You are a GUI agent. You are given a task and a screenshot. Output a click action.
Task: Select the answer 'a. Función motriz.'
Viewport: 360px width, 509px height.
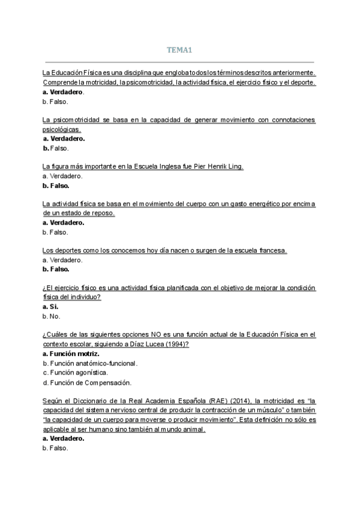[x=71, y=354]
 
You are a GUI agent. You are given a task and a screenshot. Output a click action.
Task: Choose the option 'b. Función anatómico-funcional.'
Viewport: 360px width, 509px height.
[x=90, y=363]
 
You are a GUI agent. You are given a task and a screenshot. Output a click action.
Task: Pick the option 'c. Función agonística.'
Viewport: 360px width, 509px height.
[x=76, y=373]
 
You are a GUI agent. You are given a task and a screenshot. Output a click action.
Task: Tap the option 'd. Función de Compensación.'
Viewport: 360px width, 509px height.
[x=86, y=382]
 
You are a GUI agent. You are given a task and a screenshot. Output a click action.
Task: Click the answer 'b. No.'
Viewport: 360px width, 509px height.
[x=52, y=316]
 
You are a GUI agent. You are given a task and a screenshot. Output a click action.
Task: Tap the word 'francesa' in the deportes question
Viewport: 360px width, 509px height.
[x=270, y=250]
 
